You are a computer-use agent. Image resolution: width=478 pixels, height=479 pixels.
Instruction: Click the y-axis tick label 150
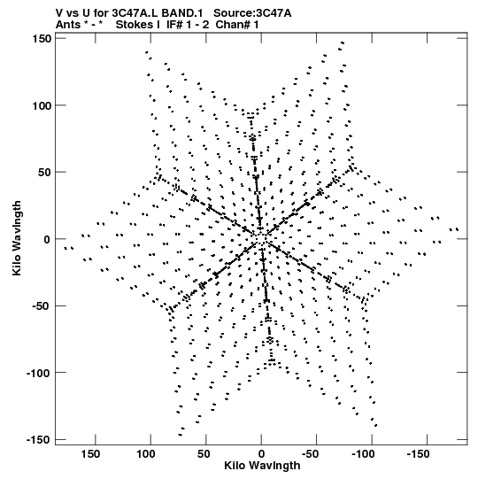pos(41,39)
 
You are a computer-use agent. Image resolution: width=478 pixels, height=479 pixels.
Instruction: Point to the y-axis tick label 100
pos(41,105)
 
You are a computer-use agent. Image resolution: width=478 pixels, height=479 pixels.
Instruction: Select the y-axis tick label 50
pos(44,173)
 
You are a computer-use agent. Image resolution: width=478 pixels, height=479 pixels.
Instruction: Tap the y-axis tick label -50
pos(42,306)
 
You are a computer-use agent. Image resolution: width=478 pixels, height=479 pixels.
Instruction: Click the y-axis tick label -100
pos(38,374)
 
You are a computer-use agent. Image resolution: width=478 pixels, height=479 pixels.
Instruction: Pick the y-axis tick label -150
pos(38,440)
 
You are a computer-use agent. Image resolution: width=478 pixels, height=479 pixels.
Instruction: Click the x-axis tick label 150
pos(90,454)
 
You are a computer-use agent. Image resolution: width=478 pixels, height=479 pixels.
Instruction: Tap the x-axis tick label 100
pos(146,454)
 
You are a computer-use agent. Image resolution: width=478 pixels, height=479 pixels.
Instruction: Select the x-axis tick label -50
pos(311,454)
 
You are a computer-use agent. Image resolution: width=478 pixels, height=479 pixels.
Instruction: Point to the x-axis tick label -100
pos(364,454)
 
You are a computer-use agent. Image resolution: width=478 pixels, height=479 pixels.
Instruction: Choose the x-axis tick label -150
pos(419,454)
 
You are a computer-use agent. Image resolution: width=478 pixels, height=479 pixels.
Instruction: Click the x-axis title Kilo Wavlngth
pos(262,466)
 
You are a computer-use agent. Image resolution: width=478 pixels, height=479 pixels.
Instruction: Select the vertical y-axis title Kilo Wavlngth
pos(17,238)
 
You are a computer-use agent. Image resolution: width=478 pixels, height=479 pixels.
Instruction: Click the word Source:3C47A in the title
pos(252,13)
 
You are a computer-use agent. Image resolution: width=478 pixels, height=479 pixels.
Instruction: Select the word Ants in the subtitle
pos(68,25)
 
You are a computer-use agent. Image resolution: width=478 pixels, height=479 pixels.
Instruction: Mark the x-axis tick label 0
pos(261,454)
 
